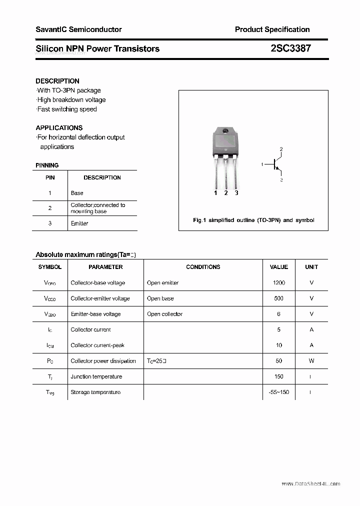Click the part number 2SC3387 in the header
pos(290,48)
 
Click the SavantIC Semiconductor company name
pos(78,29)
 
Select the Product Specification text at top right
pos(272,29)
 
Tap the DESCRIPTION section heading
pos(57,81)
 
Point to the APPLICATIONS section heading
pos(59,127)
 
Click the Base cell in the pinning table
pos(77,193)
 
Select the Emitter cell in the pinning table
pos(79,223)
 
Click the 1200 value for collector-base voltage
pos(279,283)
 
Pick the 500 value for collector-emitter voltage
pos(278,298)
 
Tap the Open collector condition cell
pos(164,314)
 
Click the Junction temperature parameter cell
pos(96,376)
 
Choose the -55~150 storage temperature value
pos(278,392)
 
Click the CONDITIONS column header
pos(203,267)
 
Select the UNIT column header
pos(311,267)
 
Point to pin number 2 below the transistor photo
pos(226,193)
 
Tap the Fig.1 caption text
pos(253,220)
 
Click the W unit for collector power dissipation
pos(311,361)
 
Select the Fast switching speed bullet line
pos(66,109)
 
